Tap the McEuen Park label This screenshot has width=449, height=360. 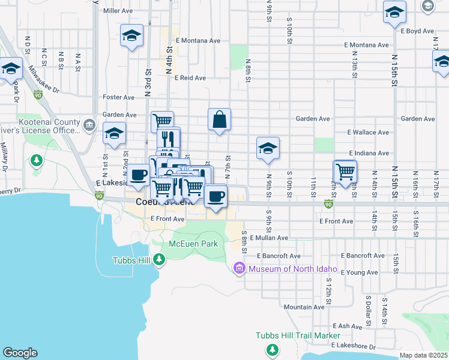coord(193,244)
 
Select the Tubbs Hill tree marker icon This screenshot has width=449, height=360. coord(159,260)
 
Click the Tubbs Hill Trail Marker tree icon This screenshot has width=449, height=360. coord(273,349)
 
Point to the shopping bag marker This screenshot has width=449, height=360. coord(220,119)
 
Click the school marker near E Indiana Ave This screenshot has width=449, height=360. coord(268,149)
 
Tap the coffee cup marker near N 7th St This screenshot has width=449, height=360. coord(215,195)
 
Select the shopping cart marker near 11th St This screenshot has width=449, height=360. coord(345,171)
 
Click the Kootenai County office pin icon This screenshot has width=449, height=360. coord(89,125)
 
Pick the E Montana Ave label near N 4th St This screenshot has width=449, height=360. coord(198,41)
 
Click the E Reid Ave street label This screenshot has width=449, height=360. coord(190,78)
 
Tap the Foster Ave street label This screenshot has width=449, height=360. coord(119,97)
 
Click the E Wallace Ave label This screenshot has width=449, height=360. coord(368,132)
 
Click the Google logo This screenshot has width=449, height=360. coord(20,353)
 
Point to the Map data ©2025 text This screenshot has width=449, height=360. coord(423,355)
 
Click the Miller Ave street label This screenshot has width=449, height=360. coord(118,11)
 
